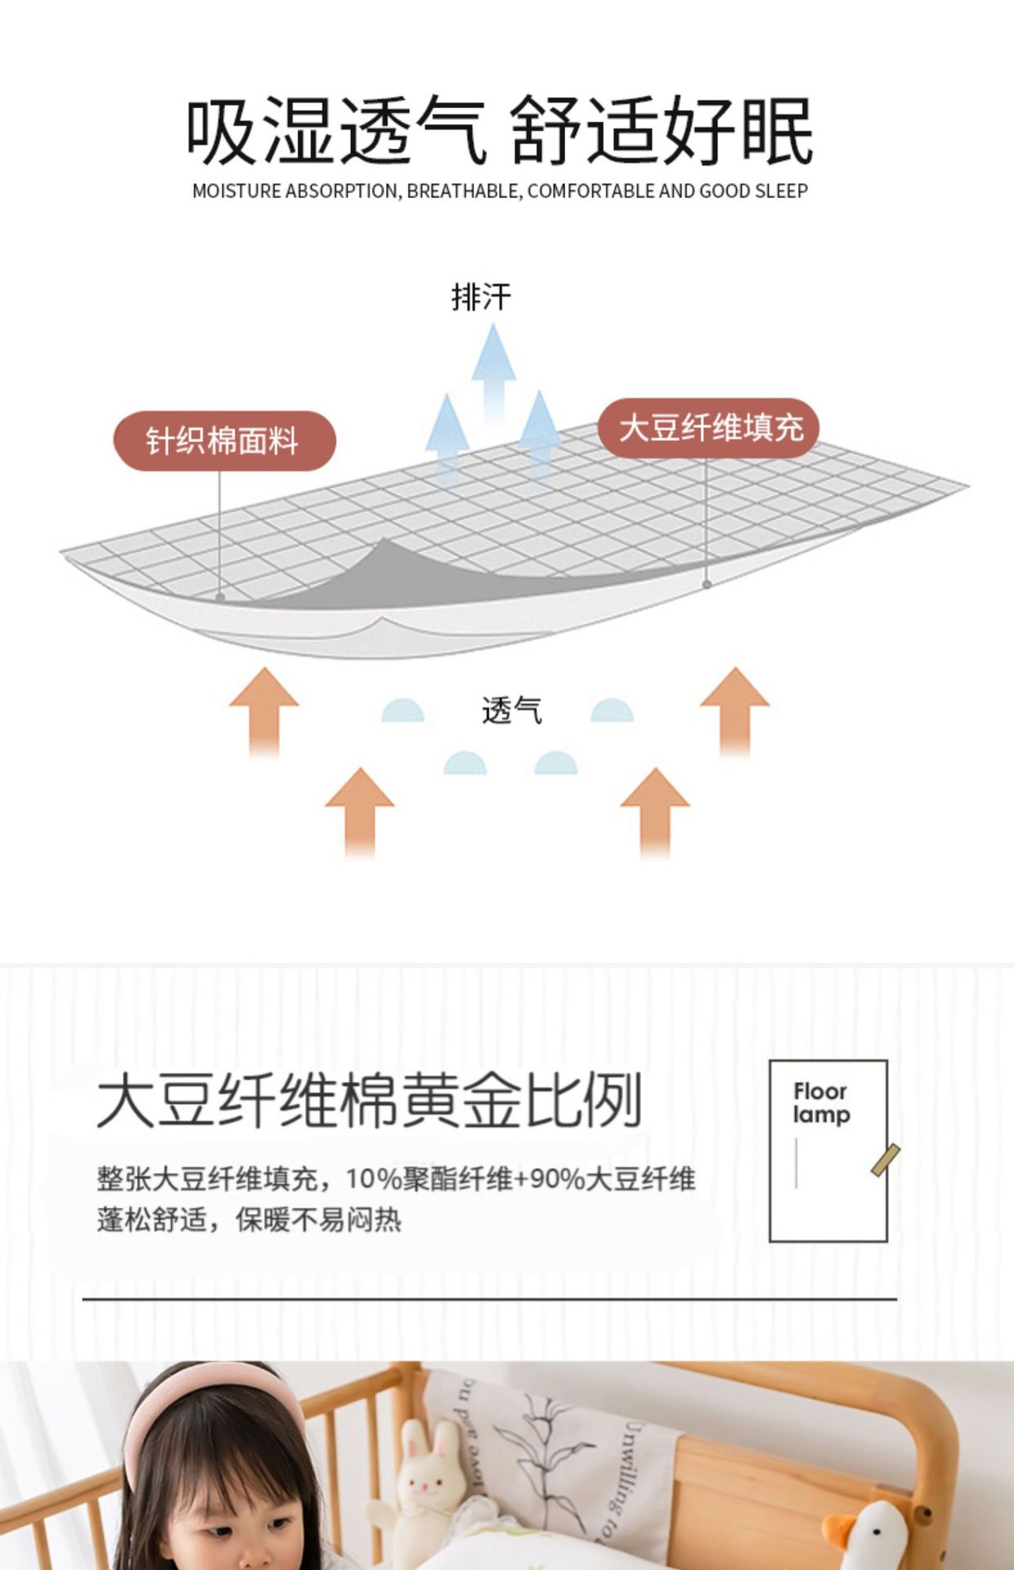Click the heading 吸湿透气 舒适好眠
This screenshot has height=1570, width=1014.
pyautogui.click(x=499, y=131)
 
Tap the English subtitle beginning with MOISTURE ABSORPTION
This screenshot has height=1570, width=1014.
pyautogui.click(x=500, y=191)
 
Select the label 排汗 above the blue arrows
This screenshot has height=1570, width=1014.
pyautogui.click(x=481, y=297)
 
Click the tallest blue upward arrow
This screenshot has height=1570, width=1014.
pyautogui.click(x=493, y=372)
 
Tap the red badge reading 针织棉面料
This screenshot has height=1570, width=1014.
pyautogui.click(x=224, y=441)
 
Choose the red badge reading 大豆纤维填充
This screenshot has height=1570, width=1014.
pyautogui.click(x=708, y=428)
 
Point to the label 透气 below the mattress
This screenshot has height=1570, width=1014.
pyautogui.click(x=512, y=710)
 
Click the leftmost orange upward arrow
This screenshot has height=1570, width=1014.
pyautogui.click(x=264, y=712)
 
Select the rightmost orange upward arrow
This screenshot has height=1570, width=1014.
pyautogui.click(x=734, y=711)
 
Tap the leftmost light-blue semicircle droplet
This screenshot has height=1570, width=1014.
pyautogui.click(x=402, y=711)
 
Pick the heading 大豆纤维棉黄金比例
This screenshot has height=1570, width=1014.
pyautogui.click(x=369, y=1100)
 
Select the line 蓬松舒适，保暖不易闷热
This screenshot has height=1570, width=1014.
pyautogui.click(x=249, y=1220)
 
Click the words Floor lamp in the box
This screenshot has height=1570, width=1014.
pyautogui.click(x=822, y=1102)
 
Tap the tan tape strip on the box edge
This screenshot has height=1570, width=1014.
pyautogui.click(x=886, y=1160)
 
